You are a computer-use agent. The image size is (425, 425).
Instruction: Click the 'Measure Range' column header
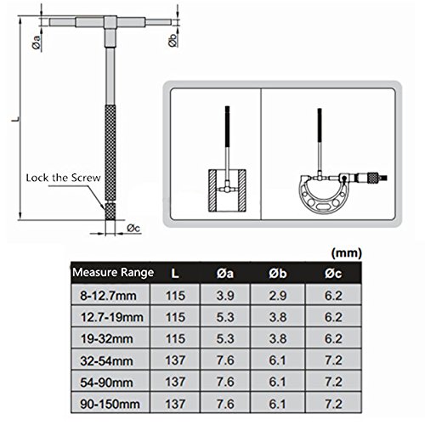click(x=112, y=274)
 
